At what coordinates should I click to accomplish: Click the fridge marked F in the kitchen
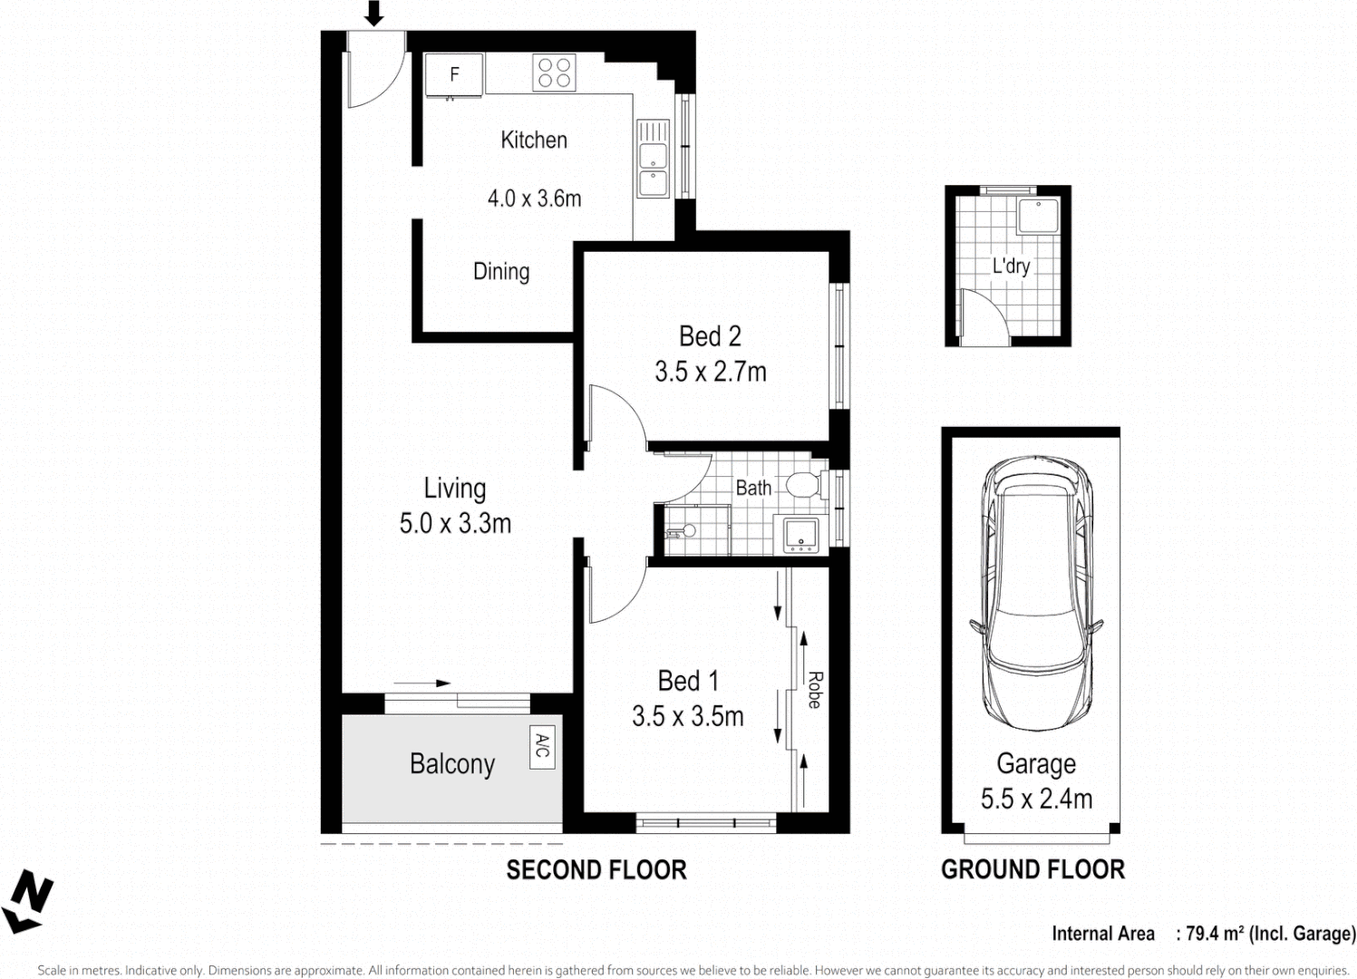454,74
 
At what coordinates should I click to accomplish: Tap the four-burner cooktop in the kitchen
554,73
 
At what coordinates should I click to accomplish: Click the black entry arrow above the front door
373,14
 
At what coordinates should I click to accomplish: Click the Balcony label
452,764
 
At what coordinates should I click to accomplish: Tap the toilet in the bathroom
803,483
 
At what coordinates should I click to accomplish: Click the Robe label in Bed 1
814,690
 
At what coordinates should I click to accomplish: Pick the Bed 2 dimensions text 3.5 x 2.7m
711,372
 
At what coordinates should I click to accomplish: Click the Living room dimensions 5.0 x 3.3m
455,523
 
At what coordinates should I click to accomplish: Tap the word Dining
501,271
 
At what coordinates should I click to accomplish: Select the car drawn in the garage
1036,594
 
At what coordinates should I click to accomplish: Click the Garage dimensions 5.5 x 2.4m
1036,799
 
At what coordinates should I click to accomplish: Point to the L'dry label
1011,267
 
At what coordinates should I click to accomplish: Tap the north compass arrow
27,901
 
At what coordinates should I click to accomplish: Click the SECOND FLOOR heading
596,870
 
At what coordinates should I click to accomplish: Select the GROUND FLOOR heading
1032,870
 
